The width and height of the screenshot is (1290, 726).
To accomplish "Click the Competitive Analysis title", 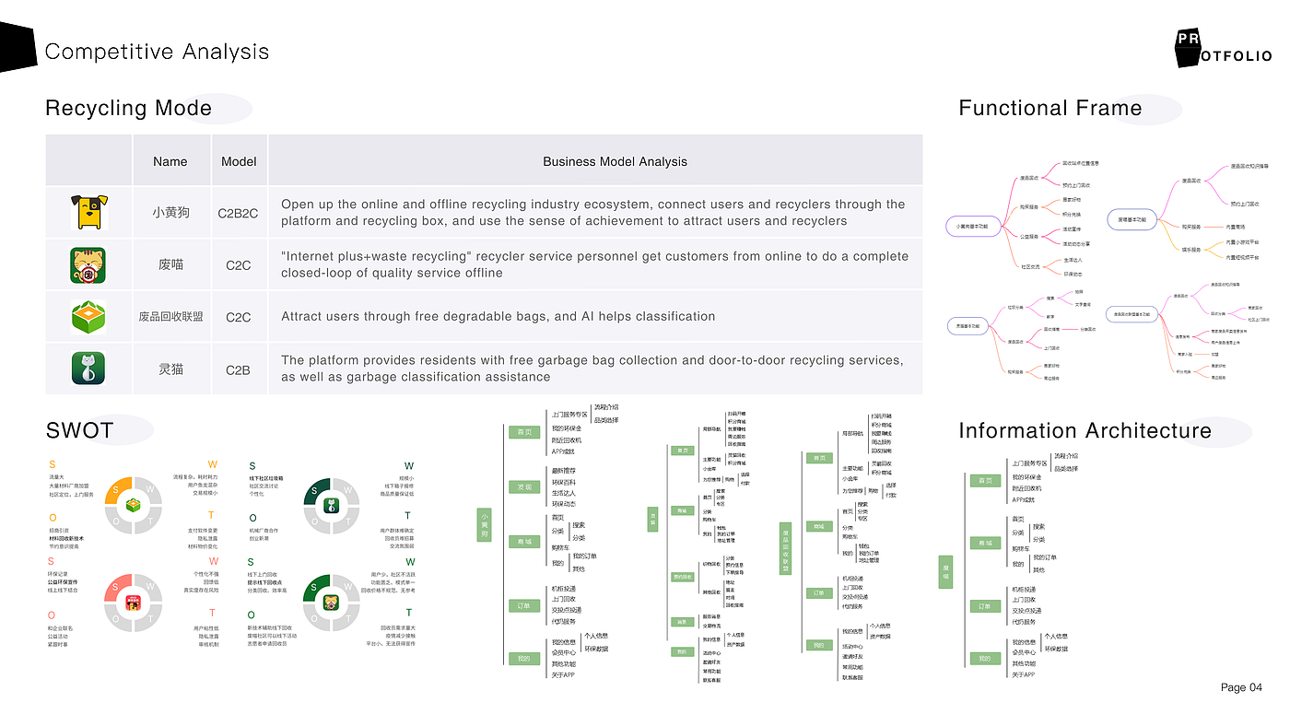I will click(x=157, y=52).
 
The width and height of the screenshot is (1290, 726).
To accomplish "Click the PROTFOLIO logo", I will click(x=1222, y=49).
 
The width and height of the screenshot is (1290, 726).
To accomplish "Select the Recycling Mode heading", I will click(x=128, y=109).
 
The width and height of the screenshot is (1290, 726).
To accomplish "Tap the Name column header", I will click(x=170, y=161).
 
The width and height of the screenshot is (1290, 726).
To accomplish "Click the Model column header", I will click(x=239, y=161).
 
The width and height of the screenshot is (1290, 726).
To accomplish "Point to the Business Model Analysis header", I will click(x=615, y=161).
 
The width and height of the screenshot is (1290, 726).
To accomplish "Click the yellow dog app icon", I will click(x=89, y=212).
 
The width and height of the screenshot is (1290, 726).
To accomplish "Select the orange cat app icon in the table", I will click(x=88, y=265).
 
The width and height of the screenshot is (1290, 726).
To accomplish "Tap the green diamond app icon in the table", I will click(x=88, y=317).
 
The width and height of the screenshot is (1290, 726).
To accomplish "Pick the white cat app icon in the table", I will click(x=88, y=369).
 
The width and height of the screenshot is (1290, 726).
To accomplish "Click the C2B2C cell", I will click(x=239, y=213).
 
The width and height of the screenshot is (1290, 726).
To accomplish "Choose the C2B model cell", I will click(x=239, y=369).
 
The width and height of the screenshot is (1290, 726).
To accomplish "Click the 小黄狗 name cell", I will click(x=170, y=213).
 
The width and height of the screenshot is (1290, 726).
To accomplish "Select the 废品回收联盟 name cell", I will click(x=170, y=317).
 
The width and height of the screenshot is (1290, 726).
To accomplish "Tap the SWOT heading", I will click(x=79, y=430).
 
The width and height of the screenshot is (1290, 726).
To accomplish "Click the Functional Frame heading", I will click(x=1050, y=109).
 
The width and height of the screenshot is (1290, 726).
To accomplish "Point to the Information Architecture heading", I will click(x=1085, y=431).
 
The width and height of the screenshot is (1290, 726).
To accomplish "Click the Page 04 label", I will click(x=1241, y=687).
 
